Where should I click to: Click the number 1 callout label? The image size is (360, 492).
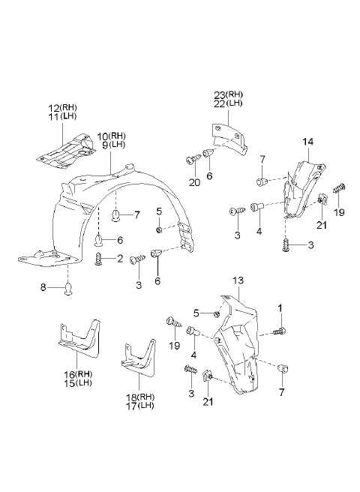tap(280, 307)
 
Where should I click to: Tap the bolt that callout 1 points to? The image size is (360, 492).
tap(279, 331)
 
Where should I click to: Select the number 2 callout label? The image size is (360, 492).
tap(119, 259)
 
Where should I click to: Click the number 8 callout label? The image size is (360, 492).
tap(43, 286)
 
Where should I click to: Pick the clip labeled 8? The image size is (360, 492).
tap(69, 288)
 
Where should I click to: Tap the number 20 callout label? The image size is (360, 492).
tap(194, 182)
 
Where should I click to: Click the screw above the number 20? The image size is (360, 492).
tap(193, 160)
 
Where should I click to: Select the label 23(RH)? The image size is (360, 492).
tap(228, 94)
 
